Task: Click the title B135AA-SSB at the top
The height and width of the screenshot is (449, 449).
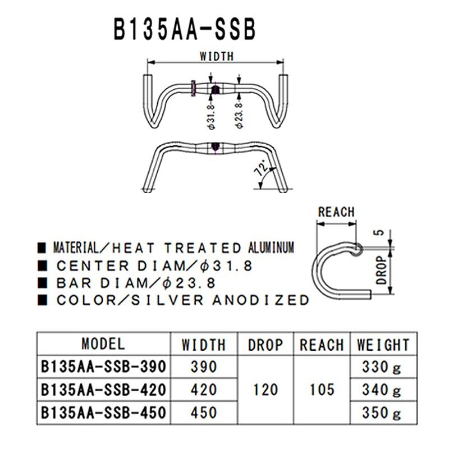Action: (186, 29)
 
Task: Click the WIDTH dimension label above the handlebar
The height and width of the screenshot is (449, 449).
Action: (216, 56)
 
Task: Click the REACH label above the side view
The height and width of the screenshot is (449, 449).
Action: (336, 212)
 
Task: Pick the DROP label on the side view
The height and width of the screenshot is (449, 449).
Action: (382, 269)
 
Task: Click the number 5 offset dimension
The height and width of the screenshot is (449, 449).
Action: (382, 234)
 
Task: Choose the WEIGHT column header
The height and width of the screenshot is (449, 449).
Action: (380, 344)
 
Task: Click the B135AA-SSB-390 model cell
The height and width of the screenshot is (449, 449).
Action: (103, 367)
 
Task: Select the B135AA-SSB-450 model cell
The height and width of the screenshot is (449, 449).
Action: (103, 413)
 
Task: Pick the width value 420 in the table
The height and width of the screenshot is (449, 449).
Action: (203, 390)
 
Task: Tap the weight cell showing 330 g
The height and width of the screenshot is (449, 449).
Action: (381, 367)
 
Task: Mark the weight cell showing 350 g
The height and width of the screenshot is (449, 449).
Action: (381, 413)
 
